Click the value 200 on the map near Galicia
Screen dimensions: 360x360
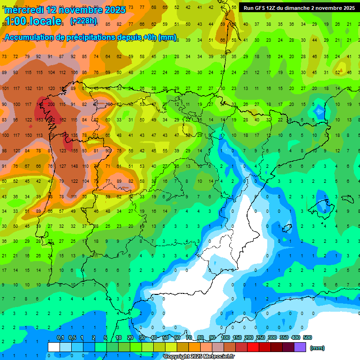(51, 104)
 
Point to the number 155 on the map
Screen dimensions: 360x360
(74, 150)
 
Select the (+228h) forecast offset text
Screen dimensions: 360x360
(83, 21)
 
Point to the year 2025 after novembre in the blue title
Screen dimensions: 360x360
(114, 10)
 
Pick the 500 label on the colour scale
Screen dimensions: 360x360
(307, 337)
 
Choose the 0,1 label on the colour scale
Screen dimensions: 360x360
(60, 337)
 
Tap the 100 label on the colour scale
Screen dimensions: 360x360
(225, 337)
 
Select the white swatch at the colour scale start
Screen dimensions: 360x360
(54, 347)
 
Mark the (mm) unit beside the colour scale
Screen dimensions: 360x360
(317, 348)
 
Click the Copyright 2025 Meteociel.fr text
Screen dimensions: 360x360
(199, 357)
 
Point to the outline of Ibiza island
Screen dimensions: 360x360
(287, 228)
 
